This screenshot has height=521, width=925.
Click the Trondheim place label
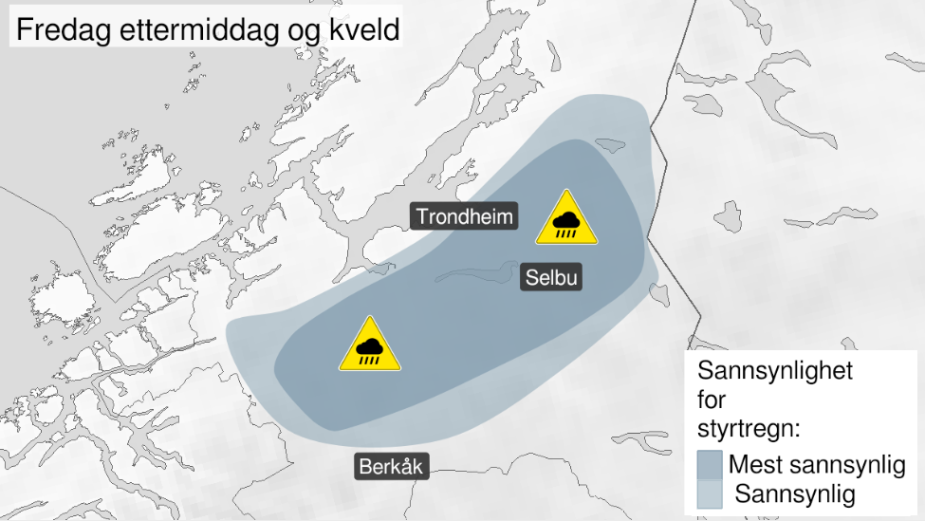(465, 217)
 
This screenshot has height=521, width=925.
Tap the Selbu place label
(550, 278)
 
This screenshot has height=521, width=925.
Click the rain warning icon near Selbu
(566, 219)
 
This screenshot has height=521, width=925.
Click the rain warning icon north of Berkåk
(370, 346)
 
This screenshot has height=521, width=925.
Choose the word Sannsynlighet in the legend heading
(775, 370)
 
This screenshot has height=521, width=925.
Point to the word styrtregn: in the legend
(749, 427)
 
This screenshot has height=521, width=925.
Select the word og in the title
(304, 31)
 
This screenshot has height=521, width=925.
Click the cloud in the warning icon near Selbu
(566, 219)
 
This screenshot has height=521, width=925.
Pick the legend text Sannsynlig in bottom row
(795, 493)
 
